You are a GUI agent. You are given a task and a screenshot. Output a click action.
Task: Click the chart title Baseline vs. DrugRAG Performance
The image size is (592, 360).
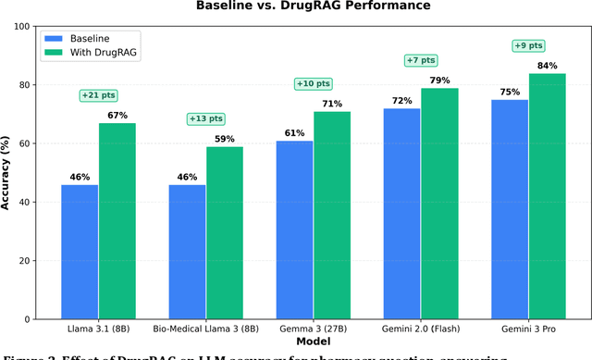pos(314,6)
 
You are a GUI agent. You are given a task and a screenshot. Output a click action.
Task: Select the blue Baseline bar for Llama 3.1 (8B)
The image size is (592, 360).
pos(80,252)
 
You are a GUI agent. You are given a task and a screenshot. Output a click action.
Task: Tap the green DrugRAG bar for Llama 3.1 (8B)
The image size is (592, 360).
pos(117,221)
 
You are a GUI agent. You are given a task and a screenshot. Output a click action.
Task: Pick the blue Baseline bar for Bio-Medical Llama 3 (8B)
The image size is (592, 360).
pos(188,252)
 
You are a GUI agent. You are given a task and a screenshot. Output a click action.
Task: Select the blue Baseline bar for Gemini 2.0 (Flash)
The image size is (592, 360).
pos(402,214)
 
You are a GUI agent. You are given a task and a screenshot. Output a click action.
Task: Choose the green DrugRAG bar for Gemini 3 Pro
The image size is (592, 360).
pos(548,196)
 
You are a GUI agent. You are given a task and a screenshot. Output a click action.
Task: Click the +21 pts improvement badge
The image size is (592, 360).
pos(99,95)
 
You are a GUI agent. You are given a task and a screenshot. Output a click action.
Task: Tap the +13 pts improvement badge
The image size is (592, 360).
pos(206,118)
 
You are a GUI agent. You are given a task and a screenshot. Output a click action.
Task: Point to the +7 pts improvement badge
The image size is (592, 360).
pos(422,60)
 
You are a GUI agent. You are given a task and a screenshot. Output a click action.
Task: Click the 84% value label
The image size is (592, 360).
pos(548,65)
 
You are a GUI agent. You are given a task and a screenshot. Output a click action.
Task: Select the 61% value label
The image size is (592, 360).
pos(295,133)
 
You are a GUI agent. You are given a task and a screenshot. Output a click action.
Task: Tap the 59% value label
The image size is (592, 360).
pos(225,139)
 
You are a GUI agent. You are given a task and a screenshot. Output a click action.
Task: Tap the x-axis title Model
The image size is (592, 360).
pos(314,343)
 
